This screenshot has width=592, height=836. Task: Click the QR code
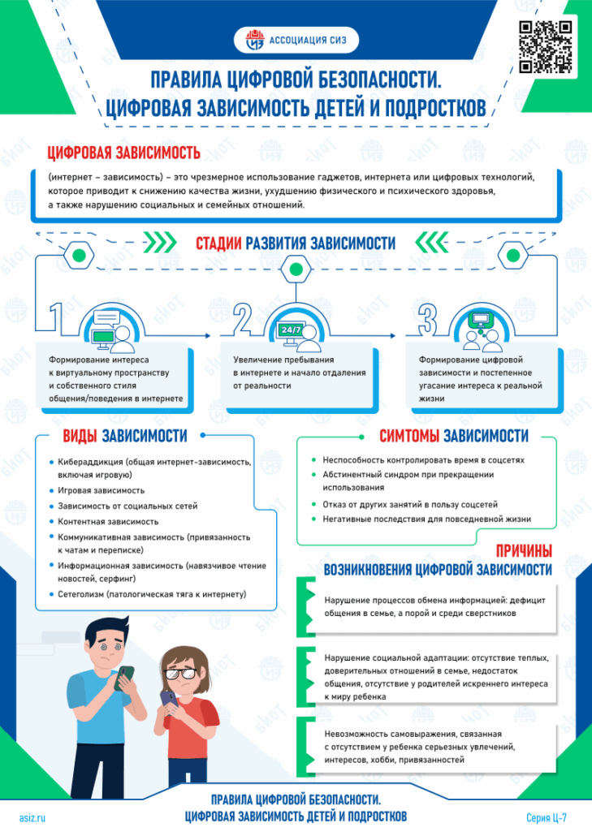pos(546,46)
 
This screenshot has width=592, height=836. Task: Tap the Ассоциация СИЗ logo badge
pos(296,40)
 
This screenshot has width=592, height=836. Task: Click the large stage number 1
pos(56,318)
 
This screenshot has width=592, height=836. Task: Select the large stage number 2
pos(242,319)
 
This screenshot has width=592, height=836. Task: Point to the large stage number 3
pos(427,319)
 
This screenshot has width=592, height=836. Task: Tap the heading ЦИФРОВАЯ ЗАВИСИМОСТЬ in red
pos(123,153)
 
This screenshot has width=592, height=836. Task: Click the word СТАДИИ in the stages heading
pos(218,243)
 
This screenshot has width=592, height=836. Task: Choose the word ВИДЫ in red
pos(80,436)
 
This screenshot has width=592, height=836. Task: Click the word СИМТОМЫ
pos(409,436)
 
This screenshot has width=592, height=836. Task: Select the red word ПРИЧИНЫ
pos(524,551)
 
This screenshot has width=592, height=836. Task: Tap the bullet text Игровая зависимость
pos(102,490)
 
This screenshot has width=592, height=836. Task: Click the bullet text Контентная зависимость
pos(108,521)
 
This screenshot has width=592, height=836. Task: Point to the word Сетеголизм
pos(81,594)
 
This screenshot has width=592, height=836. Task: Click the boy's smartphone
pos(125,678)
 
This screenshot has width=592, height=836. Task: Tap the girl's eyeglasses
pos(179,673)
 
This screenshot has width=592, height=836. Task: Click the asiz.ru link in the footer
pos(32,818)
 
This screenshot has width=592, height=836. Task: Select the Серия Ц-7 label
pos(547,818)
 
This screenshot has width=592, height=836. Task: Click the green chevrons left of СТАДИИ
pos(159,243)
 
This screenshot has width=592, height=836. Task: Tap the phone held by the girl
pos(169,699)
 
